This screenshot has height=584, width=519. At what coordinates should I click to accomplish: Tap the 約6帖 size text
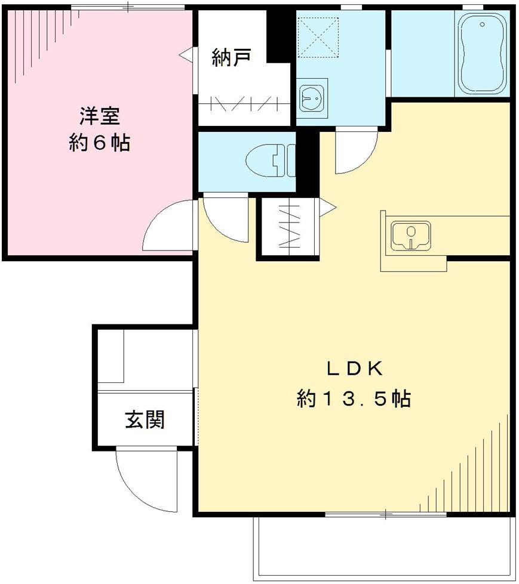click(99, 143)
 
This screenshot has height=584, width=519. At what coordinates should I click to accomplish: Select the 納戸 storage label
click(231, 57)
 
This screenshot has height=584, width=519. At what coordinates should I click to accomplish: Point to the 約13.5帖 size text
click(354, 398)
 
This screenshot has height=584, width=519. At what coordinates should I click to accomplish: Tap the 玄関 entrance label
click(145, 420)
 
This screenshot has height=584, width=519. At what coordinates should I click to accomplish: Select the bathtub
click(481, 54)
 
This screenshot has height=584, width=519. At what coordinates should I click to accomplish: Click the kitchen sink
click(411, 234)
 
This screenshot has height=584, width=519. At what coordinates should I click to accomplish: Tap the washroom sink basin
click(311, 96)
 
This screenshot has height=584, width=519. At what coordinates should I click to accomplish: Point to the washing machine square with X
click(318, 37)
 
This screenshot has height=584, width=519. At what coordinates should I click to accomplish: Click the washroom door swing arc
click(355, 152)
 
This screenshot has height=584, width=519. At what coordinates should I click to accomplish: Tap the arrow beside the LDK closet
click(328, 206)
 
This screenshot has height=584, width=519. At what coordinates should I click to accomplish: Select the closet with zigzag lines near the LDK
click(289, 228)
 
